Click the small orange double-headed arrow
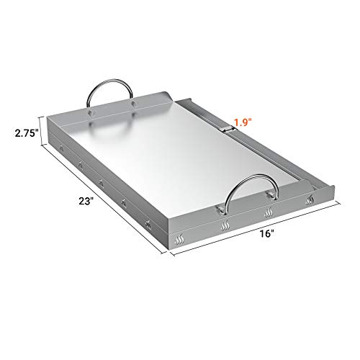click(228, 130)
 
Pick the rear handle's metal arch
click(112, 90)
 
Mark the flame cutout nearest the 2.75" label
click(60, 150)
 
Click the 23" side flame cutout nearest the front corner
click(147, 224)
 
